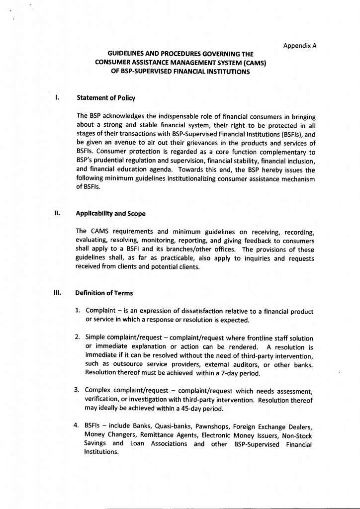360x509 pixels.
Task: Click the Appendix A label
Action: click(x=300, y=46)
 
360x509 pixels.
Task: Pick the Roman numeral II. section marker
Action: click(x=57, y=214)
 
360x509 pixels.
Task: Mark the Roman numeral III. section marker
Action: click(x=57, y=293)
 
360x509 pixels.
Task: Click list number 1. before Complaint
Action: click(x=78, y=311)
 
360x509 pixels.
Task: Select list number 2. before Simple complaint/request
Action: click(x=78, y=337)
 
